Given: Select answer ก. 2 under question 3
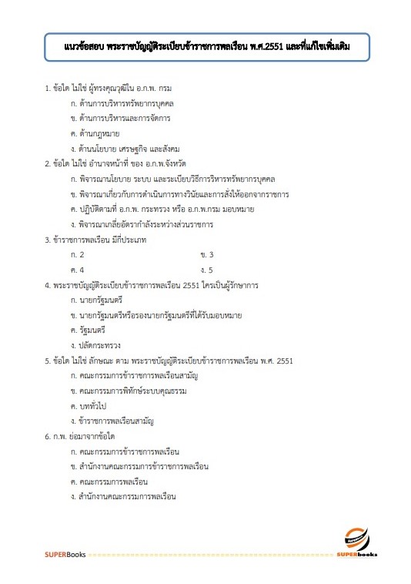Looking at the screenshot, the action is [x=77, y=253].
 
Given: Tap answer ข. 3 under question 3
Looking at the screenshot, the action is [x=206, y=253].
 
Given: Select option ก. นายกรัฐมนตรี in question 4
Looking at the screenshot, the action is [x=96, y=299].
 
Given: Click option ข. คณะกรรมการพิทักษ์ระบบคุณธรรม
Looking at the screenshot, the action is [x=129, y=391].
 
